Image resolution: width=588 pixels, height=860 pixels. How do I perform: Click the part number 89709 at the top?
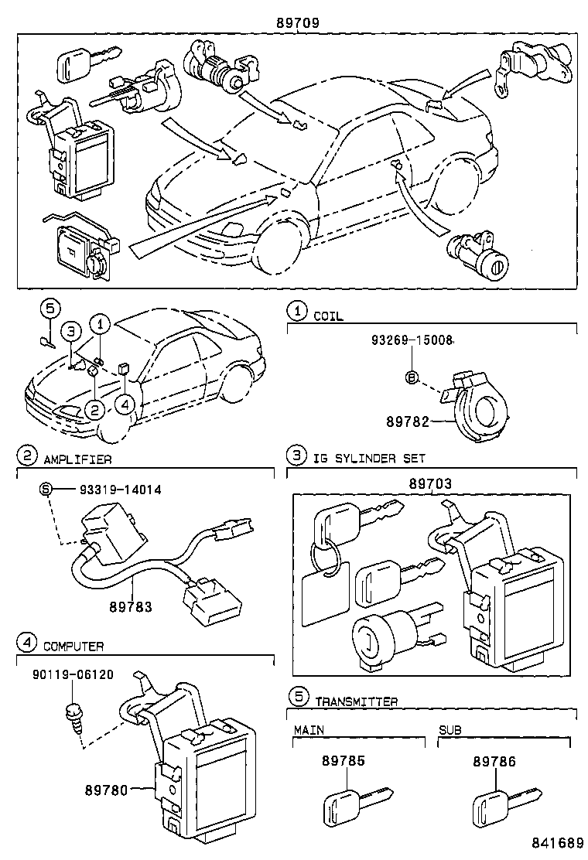click(x=298, y=24)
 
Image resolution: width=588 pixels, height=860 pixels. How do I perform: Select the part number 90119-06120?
click(x=73, y=674)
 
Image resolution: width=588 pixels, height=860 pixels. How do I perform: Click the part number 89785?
click(x=343, y=761)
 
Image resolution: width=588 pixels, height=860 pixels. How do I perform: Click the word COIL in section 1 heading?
click(x=328, y=316)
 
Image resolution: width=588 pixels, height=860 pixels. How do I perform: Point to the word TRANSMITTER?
click(x=356, y=701)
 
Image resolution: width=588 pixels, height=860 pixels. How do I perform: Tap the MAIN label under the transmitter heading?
click(x=309, y=729)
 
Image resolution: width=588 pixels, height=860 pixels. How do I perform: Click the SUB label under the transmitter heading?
click(x=450, y=729)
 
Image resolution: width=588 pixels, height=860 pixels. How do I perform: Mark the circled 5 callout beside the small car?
click(x=49, y=309)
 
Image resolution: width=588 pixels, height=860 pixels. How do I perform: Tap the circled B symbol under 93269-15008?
click(x=412, y=377)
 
